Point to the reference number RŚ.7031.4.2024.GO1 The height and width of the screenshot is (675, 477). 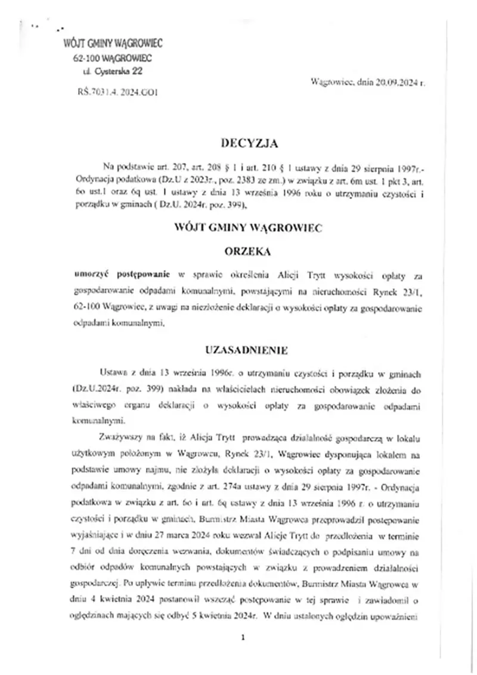coord(117,93)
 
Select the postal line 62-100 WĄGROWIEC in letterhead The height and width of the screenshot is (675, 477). coord(113,58)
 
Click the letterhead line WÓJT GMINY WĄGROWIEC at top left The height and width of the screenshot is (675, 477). coord(113,43)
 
